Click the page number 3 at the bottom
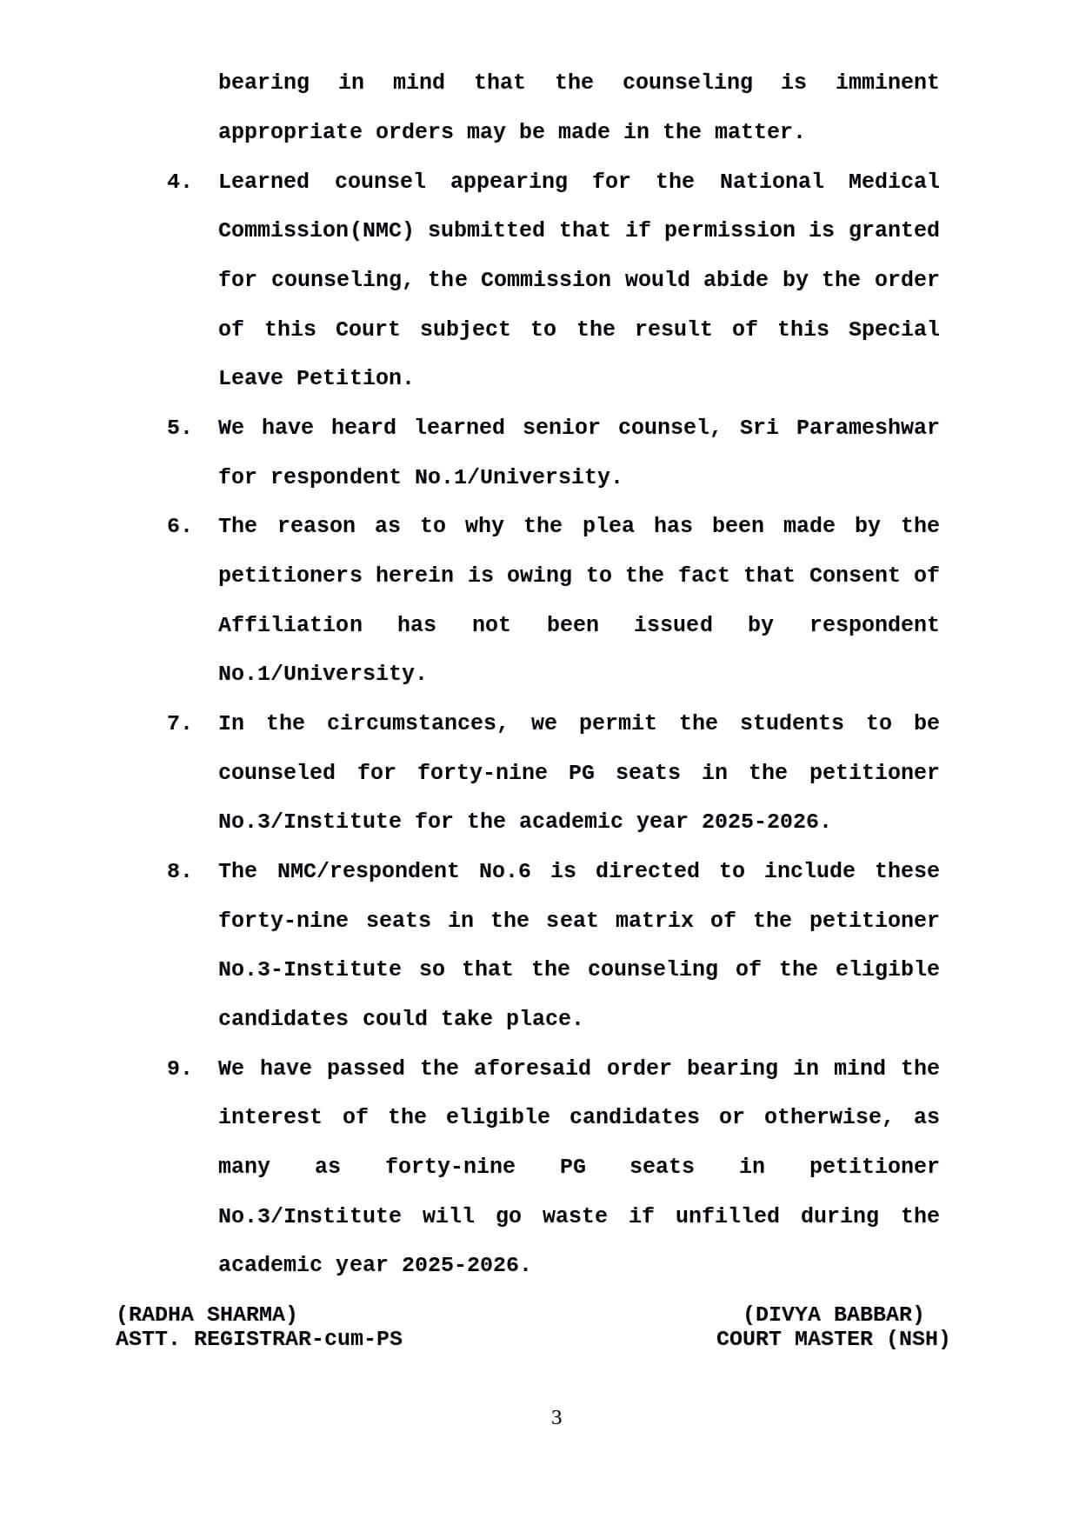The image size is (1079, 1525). tap(556, 1418)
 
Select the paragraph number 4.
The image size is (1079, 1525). tap(178, 182)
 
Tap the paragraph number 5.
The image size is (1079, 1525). tap(178, 428)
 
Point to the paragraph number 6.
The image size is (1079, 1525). tap(178, 526)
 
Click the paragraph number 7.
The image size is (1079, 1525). tap(178, 723)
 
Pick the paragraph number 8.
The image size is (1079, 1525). tap(178, 871)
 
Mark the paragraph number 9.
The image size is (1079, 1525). tap(178, 1069)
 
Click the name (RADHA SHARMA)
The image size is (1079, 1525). tap(207, 1315)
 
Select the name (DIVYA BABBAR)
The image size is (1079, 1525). tap(833, 1315)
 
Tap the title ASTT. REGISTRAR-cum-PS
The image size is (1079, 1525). tap(259, 1339)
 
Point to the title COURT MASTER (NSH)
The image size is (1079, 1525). tap(833, 1339)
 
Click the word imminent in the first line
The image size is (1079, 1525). tap(887, 83)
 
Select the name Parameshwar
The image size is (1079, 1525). tap(867, 428)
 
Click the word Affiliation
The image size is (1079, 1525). tap(290, 625)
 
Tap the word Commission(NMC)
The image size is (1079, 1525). tap(316, 230)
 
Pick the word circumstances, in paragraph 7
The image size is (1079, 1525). tap(416, 723)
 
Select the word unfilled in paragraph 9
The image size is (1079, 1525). tap(727, 1216)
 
